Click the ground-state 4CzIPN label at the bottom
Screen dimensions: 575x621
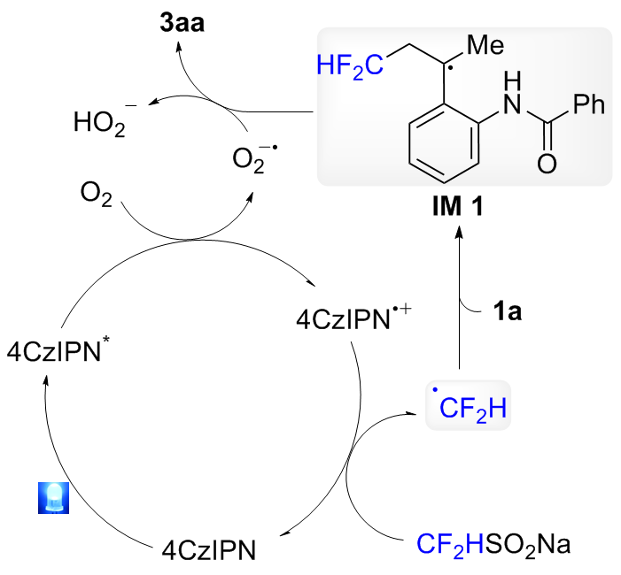[209, 549]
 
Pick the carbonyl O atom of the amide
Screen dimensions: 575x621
[547, 164]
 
